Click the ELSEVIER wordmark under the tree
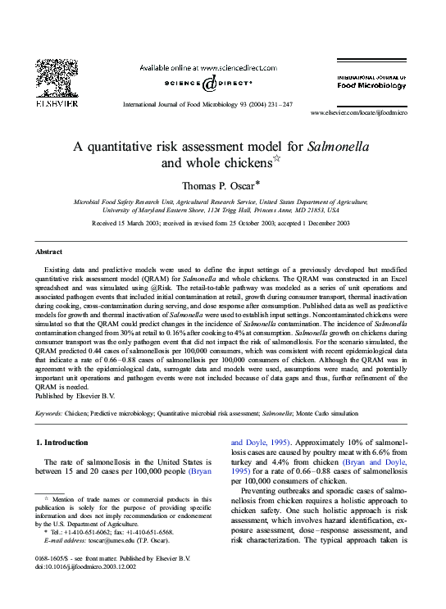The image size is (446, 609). click(57, 104)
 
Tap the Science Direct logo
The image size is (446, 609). click(210, 82)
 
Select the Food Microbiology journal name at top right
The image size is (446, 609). click(372, 84)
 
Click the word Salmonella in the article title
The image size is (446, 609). click(338, 148)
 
